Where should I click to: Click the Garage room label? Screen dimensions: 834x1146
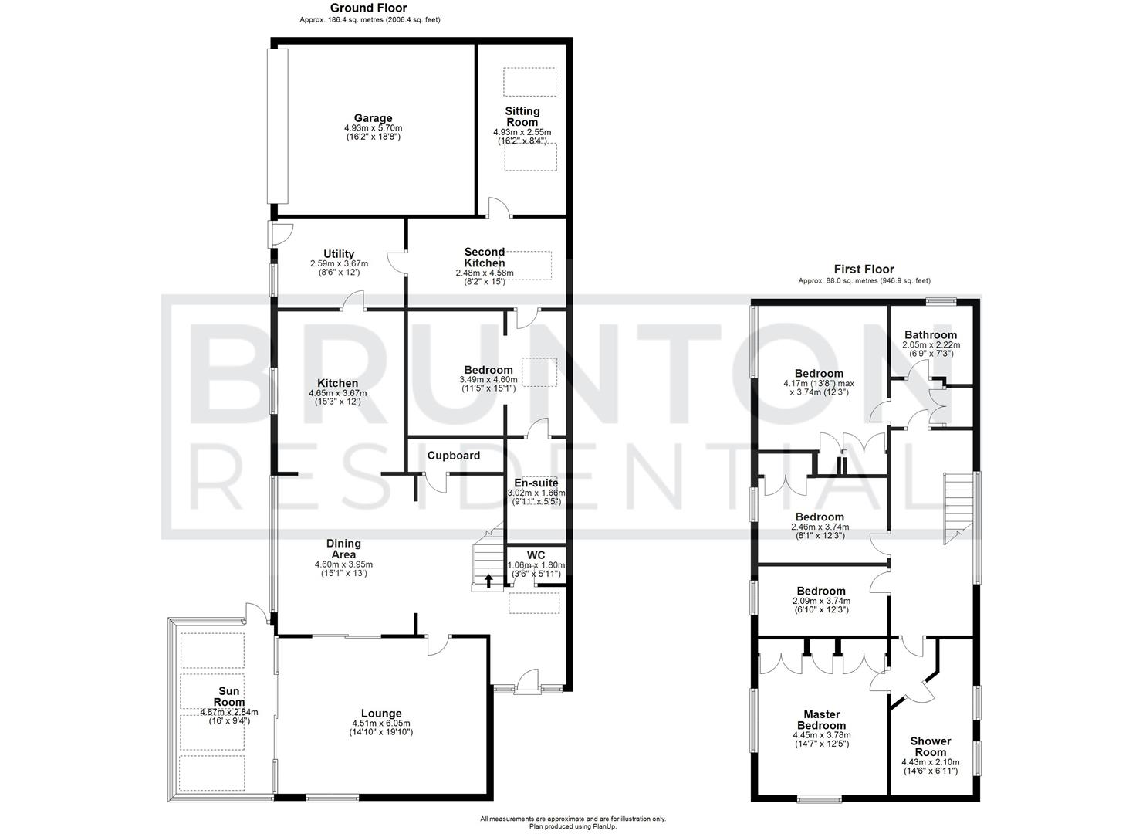(x=373, y=119)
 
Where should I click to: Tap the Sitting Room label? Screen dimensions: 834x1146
(x=522, y=117)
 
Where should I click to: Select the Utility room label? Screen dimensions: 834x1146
(x=339, y=254)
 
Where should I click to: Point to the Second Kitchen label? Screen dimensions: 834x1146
(x=485, y=257)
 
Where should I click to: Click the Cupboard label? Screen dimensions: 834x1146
(x=454, y=456)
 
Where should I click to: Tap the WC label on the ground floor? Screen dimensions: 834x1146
(x=536, y=555)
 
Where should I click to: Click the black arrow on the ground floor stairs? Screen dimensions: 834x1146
(x=488, y=581)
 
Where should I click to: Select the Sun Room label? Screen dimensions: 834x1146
(x=228, y=697)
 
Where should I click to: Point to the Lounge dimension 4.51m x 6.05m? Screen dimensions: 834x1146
(x=381, y=724)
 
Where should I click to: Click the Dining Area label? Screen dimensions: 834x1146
(x=343, y=549)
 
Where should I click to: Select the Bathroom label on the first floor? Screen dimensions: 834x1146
(x=931, y=335)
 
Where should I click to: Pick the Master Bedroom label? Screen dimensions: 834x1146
(x=821, y=720)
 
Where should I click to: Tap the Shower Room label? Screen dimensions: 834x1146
(x=932, y=747)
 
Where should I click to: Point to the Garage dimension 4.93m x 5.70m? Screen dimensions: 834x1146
(x=373, y=128)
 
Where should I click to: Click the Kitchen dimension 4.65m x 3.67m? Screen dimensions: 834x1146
(x=337, y=393)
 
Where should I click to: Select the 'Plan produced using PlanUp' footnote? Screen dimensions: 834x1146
(x=573, y=826)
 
